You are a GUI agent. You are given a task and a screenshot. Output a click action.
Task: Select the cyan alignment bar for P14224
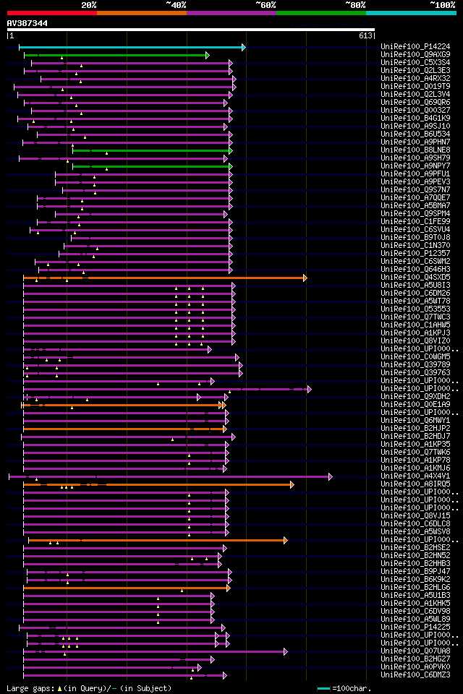130,47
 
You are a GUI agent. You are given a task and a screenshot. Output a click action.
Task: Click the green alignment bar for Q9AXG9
116,55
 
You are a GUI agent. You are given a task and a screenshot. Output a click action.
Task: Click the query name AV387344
27,23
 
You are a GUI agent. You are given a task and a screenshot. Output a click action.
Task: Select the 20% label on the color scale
89,4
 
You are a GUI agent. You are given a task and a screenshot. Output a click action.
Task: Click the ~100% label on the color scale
442,4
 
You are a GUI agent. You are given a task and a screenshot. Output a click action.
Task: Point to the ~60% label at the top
266,4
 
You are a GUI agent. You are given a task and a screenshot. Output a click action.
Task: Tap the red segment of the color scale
51,13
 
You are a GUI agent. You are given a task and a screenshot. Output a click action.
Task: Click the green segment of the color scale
320,13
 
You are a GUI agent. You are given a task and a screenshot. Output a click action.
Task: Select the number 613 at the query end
365,35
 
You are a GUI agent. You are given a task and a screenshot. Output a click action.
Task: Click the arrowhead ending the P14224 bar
244,47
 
